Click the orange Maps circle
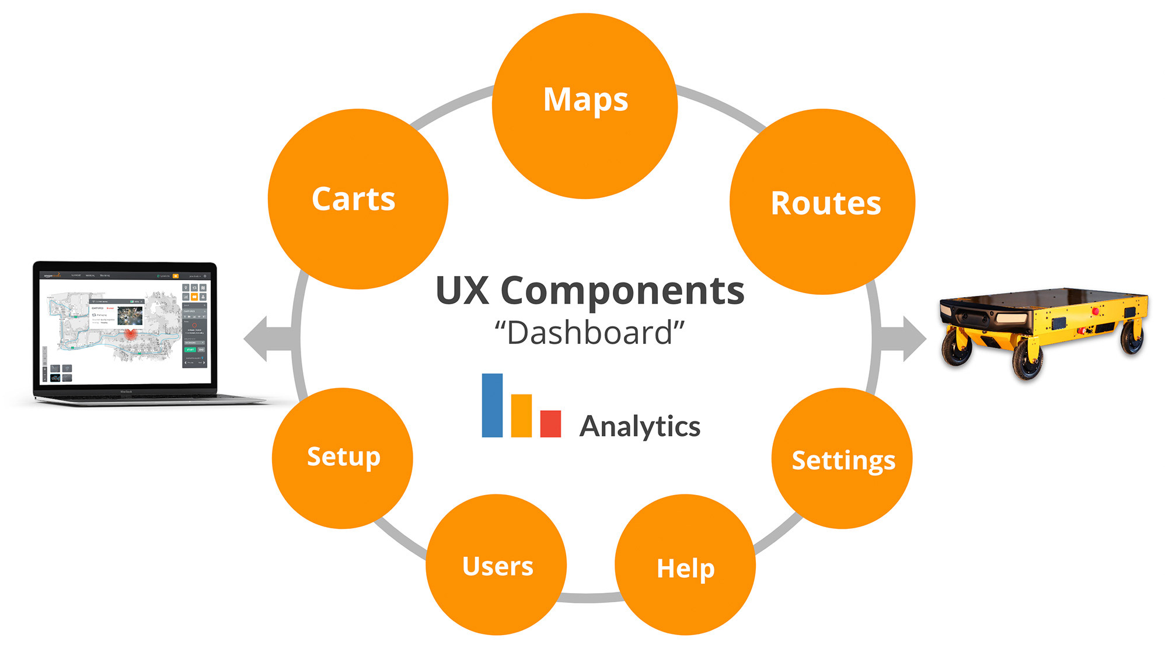pyautogui.click(x=585, y=106)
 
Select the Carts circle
pyautogui.click(x=357, y=199)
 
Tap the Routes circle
pyautogui.click(x=822, y=202)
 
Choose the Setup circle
pyautogui.click(x=343, y=458)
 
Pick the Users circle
pyautogui.click(x=496, y=564)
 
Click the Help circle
pyautogui.click(x=685, y=565)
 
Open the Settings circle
pyautogui.click(x=842, y=459)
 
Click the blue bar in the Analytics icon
pyautogui.click(x=492, y=406)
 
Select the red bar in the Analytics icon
pyautogui.click(x=550, y=424)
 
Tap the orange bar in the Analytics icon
pyautogui.click(x=521, y=416)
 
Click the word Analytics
pyautogui.click(x=640, y=427)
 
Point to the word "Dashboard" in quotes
pyautogui.click(x=590, y=333)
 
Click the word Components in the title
pyautogui.click(x=622, y=291)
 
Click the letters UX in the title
pyautogui.click(x=462, y=291)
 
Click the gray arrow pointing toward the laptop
pyautogui.click(x=266, y=339)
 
